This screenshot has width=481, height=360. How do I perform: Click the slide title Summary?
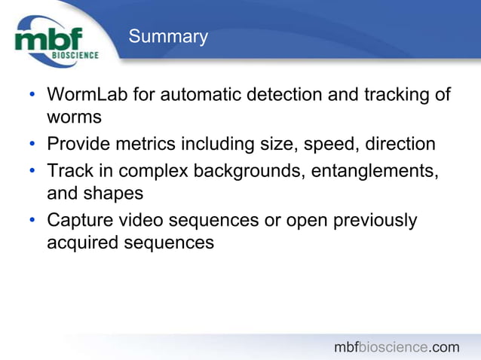click(x=167, y=37)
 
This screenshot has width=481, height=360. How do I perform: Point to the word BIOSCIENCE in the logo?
click(x=75, y=55)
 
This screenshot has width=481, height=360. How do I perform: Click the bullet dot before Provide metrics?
click(x=32, y=145)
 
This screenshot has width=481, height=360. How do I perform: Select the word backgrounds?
click(x=259, y=170)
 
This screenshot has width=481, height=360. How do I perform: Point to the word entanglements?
click(x=384, y=170)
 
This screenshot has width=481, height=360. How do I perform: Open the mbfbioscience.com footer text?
click(x=397, y=347)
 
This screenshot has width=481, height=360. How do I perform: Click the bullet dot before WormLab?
click(x=32, y=96)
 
